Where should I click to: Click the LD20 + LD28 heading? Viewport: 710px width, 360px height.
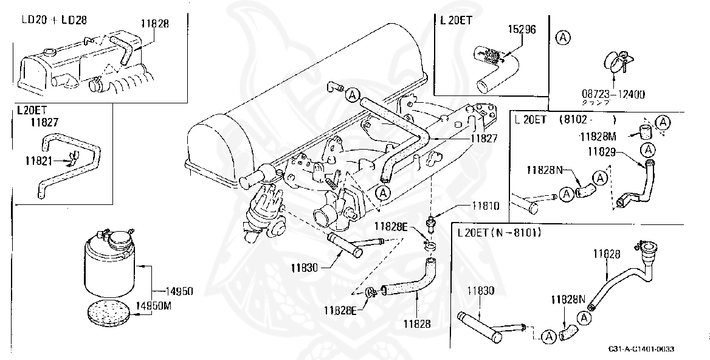[54, 19]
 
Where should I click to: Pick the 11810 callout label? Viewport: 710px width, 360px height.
[484, 206]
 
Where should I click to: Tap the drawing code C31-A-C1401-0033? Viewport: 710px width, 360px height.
[641, 349]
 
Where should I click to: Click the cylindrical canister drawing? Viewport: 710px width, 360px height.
[108, 266]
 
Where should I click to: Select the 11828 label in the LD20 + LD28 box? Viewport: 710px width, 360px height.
[154, 23]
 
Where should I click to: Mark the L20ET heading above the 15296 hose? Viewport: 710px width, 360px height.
[458, 19]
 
